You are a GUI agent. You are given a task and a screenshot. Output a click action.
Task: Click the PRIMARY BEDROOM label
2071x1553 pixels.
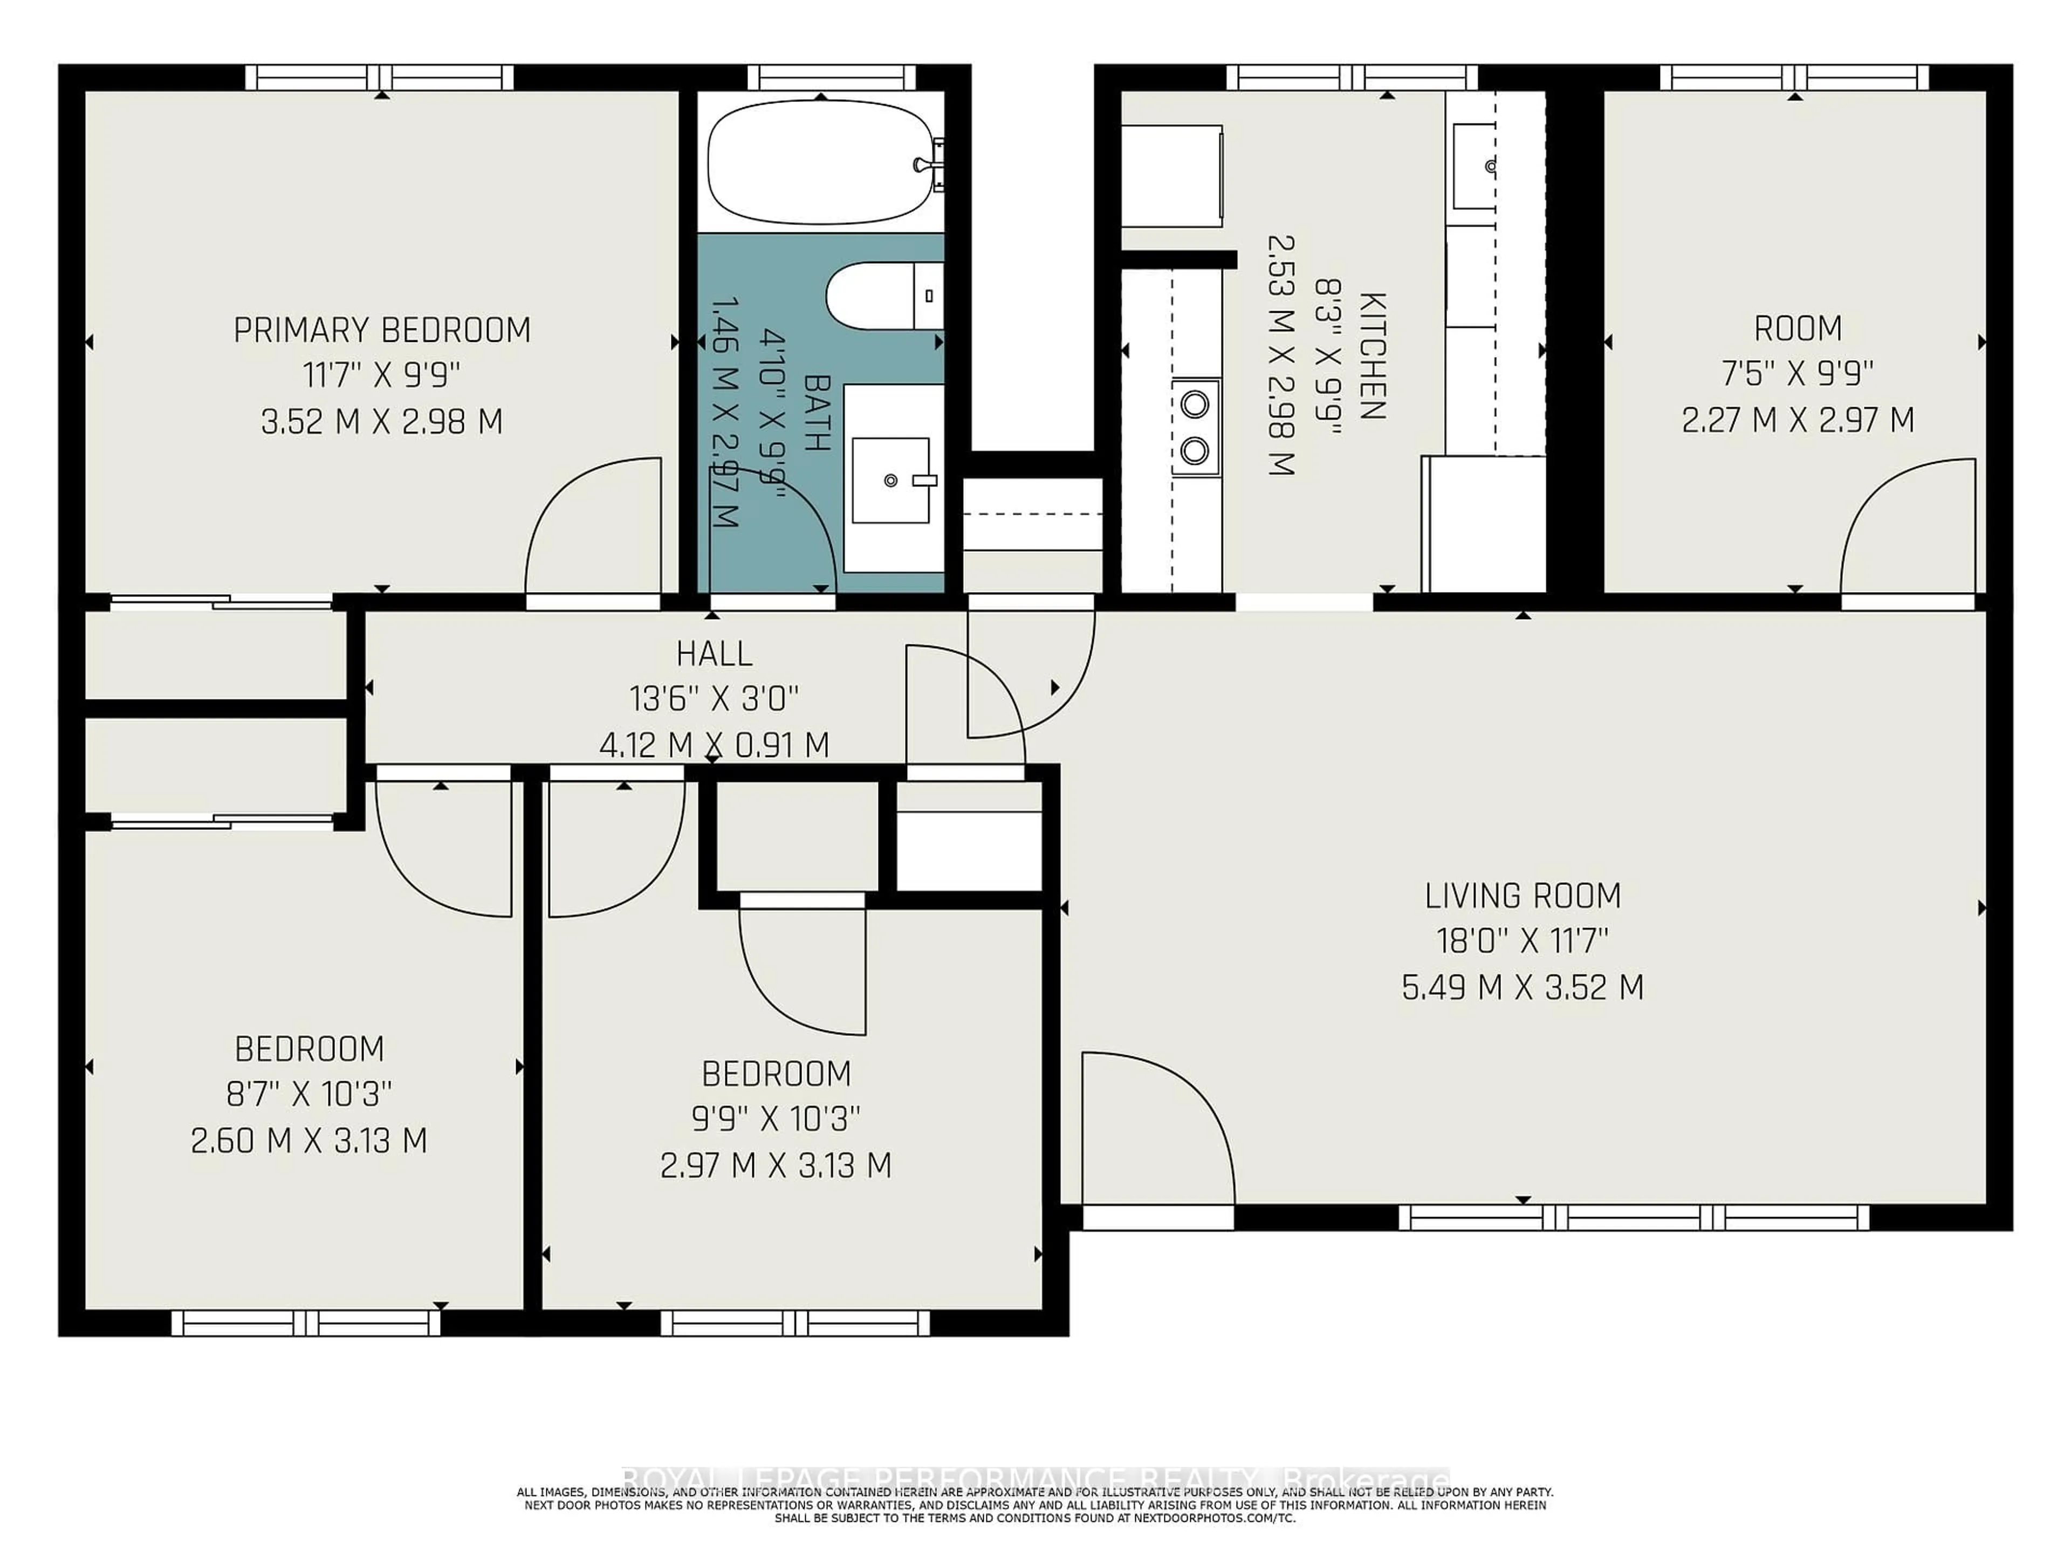tap(381, 331)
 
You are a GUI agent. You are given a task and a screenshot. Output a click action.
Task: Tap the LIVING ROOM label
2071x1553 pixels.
tap(1523, 896)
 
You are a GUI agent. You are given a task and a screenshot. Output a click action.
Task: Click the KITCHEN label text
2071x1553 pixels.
tap(1371, 356)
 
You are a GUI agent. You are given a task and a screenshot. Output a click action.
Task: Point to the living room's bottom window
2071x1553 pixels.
tap(1634, 1217)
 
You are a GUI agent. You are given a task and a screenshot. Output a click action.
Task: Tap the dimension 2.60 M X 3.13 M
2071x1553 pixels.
tap(309, 1140)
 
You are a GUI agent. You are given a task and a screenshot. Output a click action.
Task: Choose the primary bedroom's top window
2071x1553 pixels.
tap(379, 77)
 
